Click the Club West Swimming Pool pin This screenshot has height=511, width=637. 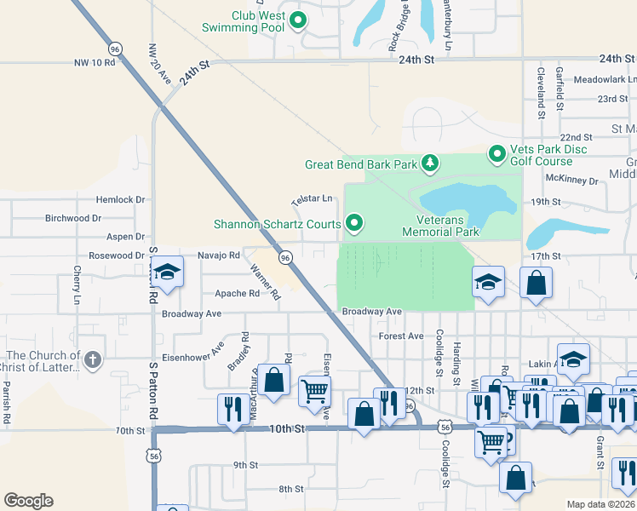point(298,20)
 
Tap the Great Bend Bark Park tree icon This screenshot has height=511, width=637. point(431,163)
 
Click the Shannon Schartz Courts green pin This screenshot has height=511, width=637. point(355,225)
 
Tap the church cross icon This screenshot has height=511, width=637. point(93,361)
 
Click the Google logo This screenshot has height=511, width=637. point(28,501)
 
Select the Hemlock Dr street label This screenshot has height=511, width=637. point(121,199)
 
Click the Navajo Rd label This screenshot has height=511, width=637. point(218,255)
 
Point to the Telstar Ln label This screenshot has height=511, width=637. point(312,199)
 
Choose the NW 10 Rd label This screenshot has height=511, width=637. point(94,63)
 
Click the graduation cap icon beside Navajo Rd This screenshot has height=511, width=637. point(168,273)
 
